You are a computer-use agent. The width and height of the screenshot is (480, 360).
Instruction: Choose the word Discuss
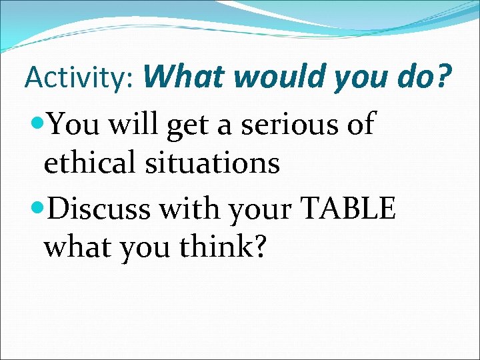(102, 209)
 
